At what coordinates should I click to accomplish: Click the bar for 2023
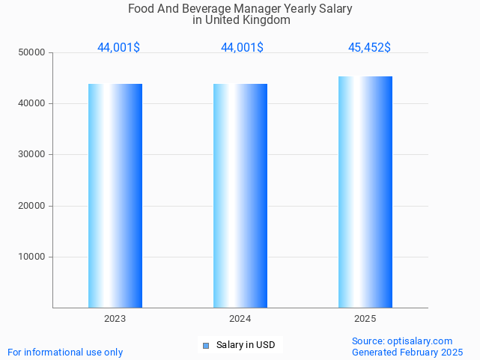pos(115,195)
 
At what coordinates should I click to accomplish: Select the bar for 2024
pos(240,195)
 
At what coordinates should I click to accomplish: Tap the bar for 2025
pos(365,192)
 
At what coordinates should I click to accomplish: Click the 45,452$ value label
pos(369,48)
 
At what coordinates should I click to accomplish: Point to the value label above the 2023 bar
pos(118,48)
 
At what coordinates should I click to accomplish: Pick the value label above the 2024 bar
pos(242,48)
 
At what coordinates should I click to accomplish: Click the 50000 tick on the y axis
pos(33,52)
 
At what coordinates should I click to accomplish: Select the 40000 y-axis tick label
pos(33,103)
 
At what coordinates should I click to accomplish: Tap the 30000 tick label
pos(33,154)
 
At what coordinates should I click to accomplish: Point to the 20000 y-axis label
pos(33,206)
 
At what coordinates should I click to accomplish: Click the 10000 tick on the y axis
pos(33,257)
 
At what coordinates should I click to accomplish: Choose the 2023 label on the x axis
pos(115,319)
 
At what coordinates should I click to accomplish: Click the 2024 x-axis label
pos(240,319)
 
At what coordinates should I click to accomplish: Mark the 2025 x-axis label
pos(365,319)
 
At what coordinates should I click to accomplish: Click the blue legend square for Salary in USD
pos(206,345)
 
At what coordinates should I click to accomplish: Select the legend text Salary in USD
pos(246,345)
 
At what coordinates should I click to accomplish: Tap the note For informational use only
pos(65,352)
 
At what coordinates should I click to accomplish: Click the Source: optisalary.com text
pos(402,341)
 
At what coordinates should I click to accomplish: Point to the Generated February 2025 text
pos(407,352)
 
